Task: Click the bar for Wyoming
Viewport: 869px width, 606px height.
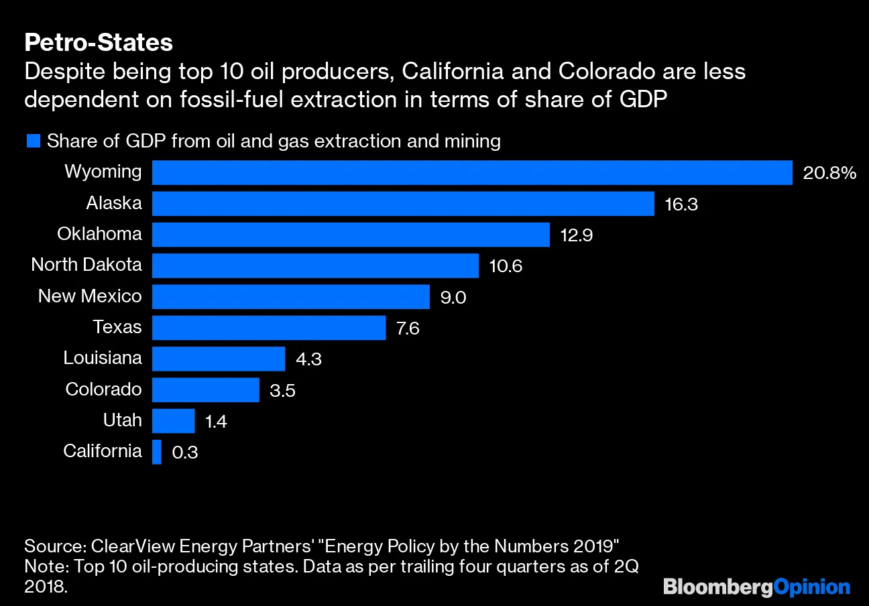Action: pos(472,172)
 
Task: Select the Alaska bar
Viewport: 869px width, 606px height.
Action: pos(403,204)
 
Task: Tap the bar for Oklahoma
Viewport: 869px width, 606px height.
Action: pos(351,235)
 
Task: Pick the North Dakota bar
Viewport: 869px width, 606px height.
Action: pos(315,265)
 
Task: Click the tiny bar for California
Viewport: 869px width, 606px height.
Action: pos(157,452)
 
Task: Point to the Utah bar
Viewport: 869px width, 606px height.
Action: pos(173,421)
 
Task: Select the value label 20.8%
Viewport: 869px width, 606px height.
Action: pos(829,174)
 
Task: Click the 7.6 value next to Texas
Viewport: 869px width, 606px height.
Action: pos(408,328)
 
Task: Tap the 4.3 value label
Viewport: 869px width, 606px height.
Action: pos(308,359)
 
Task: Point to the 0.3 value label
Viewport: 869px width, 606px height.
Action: pos(185,453)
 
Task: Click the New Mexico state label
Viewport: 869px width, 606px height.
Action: pos(90,296)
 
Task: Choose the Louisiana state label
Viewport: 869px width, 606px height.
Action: pos(103,358)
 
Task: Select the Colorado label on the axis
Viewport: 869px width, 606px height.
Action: pos(103,389)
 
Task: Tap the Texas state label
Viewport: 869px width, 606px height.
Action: pos(117,327)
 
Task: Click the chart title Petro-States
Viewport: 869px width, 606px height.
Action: pos(99,43)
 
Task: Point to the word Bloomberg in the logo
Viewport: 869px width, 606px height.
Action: pos(717,587)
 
